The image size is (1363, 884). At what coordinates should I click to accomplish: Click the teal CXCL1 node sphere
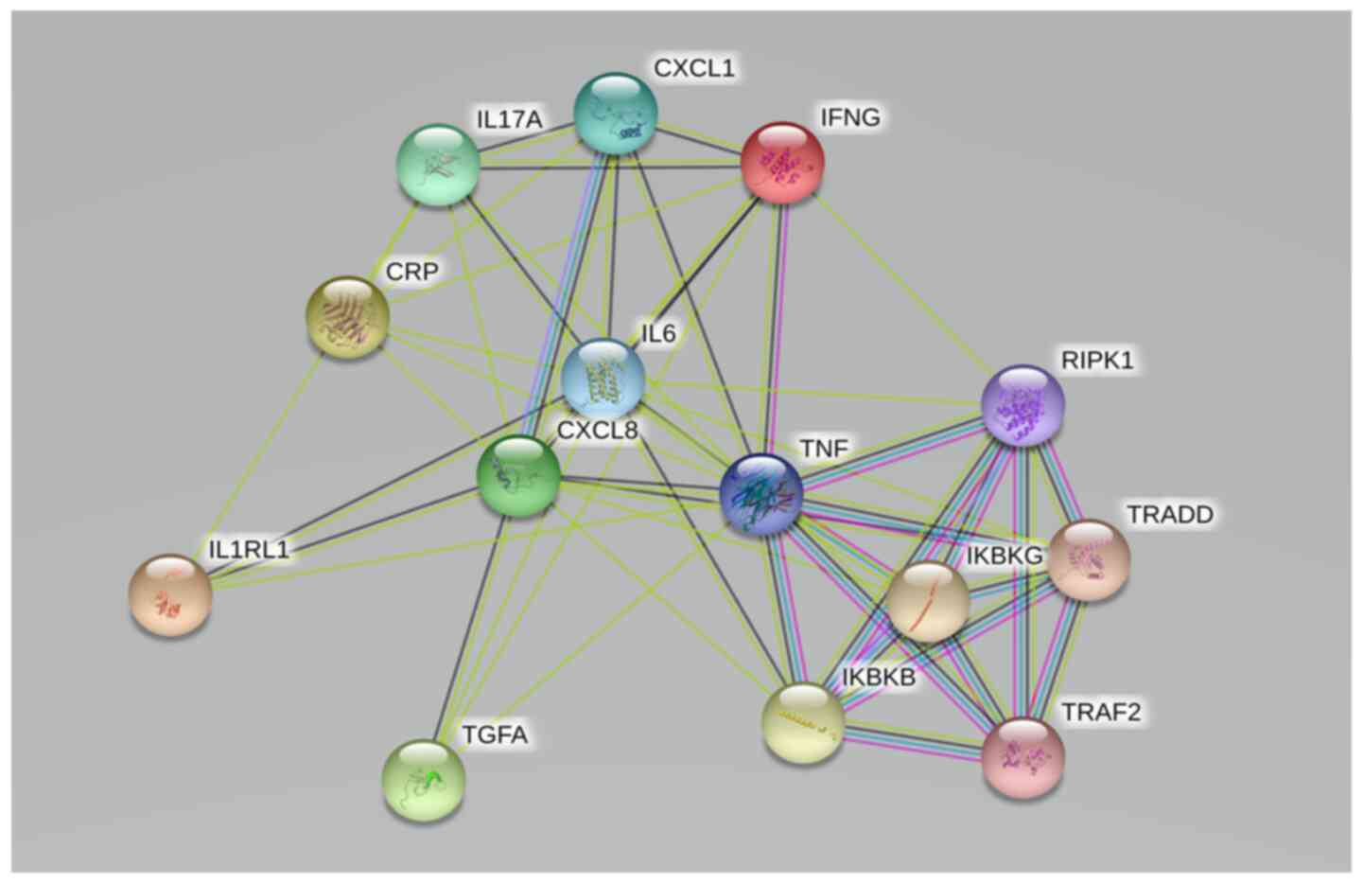tap(616, 113)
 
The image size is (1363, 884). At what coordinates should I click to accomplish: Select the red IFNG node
tap(782, 162)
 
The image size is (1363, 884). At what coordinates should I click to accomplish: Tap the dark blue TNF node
tap(761, 494)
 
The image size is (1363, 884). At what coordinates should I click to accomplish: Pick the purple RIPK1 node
tap(1023, 404)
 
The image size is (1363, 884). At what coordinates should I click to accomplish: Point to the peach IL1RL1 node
tap(170, 594)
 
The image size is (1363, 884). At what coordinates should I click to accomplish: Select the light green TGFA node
tap(424, 779)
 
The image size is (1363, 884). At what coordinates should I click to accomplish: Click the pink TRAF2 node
tap(1022, 757)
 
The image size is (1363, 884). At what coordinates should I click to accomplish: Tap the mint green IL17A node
tap(437, 165)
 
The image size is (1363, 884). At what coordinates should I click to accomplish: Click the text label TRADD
tap(1169, 515)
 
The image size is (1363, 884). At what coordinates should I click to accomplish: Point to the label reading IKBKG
tap(1004, 557)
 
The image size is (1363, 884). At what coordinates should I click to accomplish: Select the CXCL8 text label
tap(597, 431)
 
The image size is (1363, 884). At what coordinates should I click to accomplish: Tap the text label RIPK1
tap(1097, 361)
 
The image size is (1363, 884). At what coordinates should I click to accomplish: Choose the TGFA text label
tap(494, 734)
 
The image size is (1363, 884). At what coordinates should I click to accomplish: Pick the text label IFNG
tap(849, 117)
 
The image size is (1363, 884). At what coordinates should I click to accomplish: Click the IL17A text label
tap(509, 119)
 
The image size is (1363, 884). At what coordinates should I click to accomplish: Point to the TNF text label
tap(824, 449)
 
